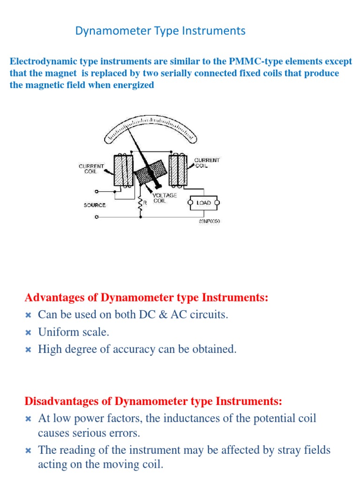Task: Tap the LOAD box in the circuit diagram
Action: (204, 203)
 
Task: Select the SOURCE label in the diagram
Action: (95, 205)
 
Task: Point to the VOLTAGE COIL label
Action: (165, 198)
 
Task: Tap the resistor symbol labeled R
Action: (140, 204)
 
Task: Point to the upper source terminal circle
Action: (96, 191)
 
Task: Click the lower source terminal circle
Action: (96, 217)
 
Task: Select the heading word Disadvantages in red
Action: (60, 401)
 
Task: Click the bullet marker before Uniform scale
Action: (28, 332)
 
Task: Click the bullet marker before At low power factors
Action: (28, 419)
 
